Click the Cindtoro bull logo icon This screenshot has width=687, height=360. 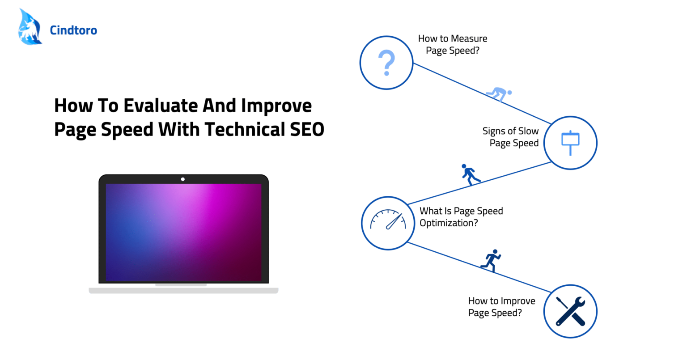tap(30, 27)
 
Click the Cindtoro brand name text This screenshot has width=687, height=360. tap(73, 30)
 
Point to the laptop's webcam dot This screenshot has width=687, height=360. tap(183, 179)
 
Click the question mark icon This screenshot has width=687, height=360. tap(386, 63)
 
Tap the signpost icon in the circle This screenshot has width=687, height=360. tap(570, 143)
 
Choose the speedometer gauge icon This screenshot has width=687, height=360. tap(388, 220)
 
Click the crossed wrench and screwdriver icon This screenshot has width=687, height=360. tap(570, 311)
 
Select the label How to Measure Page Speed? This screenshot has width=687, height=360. tap(453, 44)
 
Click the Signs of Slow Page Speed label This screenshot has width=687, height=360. tap(511, 137)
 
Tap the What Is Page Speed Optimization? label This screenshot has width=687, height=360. tap(461, 217)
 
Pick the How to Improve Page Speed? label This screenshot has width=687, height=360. tap(502, 307)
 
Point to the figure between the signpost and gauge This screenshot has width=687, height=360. tap(470, 174)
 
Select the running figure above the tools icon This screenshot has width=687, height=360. tap(491, 260)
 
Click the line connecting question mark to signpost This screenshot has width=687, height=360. tap(482, 93)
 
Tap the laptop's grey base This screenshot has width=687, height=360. tap(183, 290)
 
